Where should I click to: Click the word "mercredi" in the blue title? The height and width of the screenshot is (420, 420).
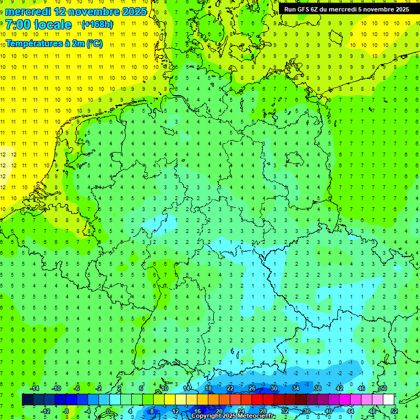(28, 11)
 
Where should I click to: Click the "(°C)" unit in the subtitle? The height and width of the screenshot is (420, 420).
(94, 44)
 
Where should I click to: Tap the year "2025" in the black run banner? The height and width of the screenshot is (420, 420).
(399, 9)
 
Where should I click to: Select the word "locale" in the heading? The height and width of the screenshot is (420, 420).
(52, 25)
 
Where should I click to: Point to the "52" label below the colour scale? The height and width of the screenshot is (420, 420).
(394, 411)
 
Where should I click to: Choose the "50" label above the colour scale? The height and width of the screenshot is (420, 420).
(383, 388)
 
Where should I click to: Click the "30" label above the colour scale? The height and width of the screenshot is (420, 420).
(273, 388)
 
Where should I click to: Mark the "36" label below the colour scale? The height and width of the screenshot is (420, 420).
(306, 411)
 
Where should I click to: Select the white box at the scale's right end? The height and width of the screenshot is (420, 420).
(388, 400)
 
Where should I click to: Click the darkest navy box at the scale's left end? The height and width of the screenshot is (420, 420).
(27, 400)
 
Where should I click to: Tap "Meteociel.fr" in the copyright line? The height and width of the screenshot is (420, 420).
(255, 416)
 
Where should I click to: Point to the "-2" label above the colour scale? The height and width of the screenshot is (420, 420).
(98, 388)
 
